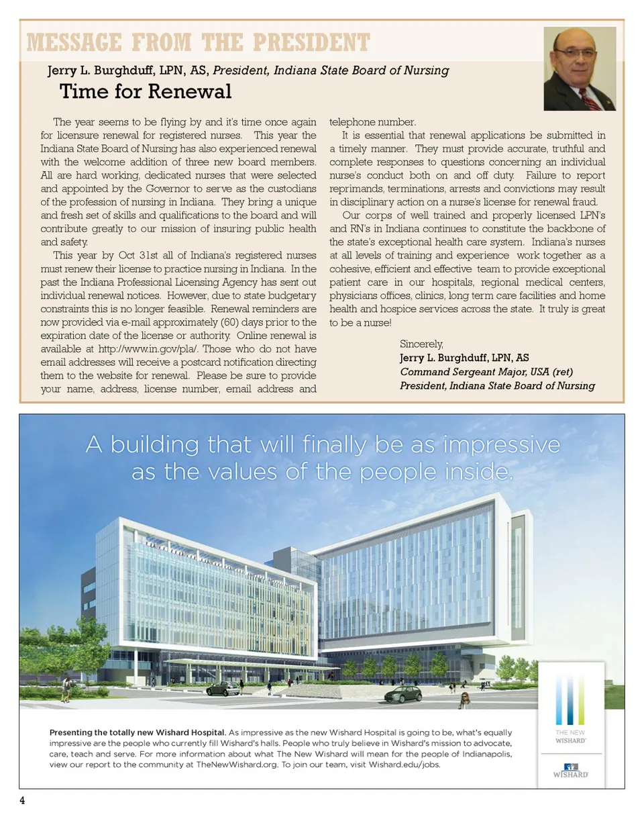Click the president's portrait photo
pyautogui.click(x=580, y=68)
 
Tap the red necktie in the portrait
pyautogui.click(x=590, y=99)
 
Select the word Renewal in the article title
pyautogui.click(x=189, y=91)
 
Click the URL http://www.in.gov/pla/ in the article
pyautogui.click(x=147, y=349)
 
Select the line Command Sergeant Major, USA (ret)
pyautogui.click(x=486, y=372)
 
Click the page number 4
pyautogui.click(x=22, y=801)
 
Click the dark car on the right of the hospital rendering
pyautogui.click(x=403, y=694)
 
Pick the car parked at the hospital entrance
pyautogui.click(x=222, y=688)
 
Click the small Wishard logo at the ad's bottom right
pyautogui.click(x=570, y=771)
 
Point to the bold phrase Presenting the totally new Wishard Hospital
pyautogui.click(x=138, y=732)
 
